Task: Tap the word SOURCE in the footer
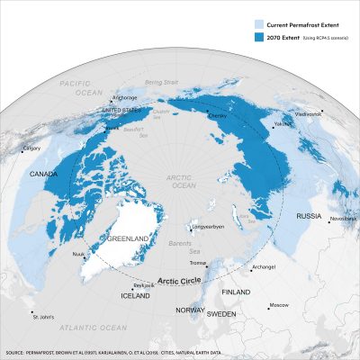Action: click(x=20, y=353)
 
